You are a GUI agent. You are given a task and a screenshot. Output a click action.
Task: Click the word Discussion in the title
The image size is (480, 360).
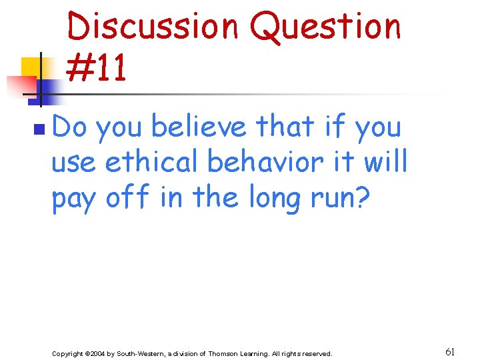coord(153,27)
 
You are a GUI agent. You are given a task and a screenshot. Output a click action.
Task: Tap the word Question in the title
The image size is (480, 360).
coord(325,27)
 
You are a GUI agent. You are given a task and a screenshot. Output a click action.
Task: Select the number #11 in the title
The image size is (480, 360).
coord(97,69)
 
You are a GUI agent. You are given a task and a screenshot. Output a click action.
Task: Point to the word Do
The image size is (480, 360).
coord(69,127)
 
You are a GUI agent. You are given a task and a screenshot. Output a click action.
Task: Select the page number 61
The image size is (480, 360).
coord(451,351)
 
